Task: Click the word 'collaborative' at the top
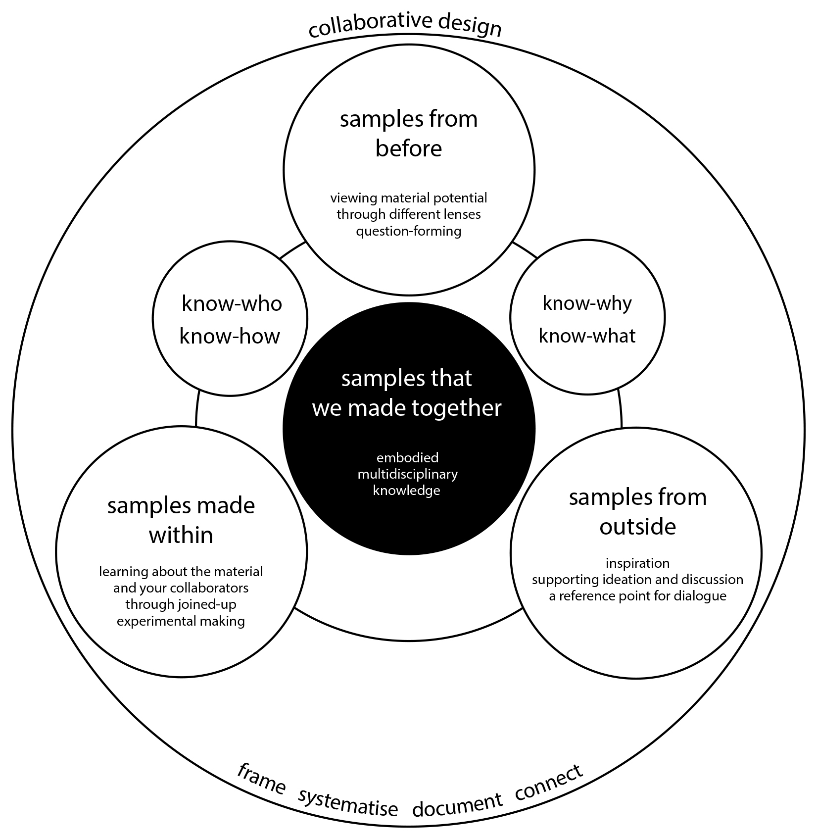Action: pos(369,25)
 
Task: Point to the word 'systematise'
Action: pos(348,804)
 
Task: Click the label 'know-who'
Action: pos(232,303)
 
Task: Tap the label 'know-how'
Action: pos(230,336)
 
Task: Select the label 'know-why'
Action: pos(587,303)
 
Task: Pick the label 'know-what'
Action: pos(587,336)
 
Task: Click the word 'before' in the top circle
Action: pos(408,148)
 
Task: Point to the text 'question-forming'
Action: pos(409,231)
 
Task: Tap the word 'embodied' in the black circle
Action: pos(408,457)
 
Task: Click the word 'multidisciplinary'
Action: pos(408,474)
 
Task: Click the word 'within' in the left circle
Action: pos(181,535)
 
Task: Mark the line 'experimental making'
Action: pos(181,621)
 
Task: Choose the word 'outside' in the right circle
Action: pos(637,526)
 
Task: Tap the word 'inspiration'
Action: pos(637,563)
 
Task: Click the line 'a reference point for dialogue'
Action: pos(637,595)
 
